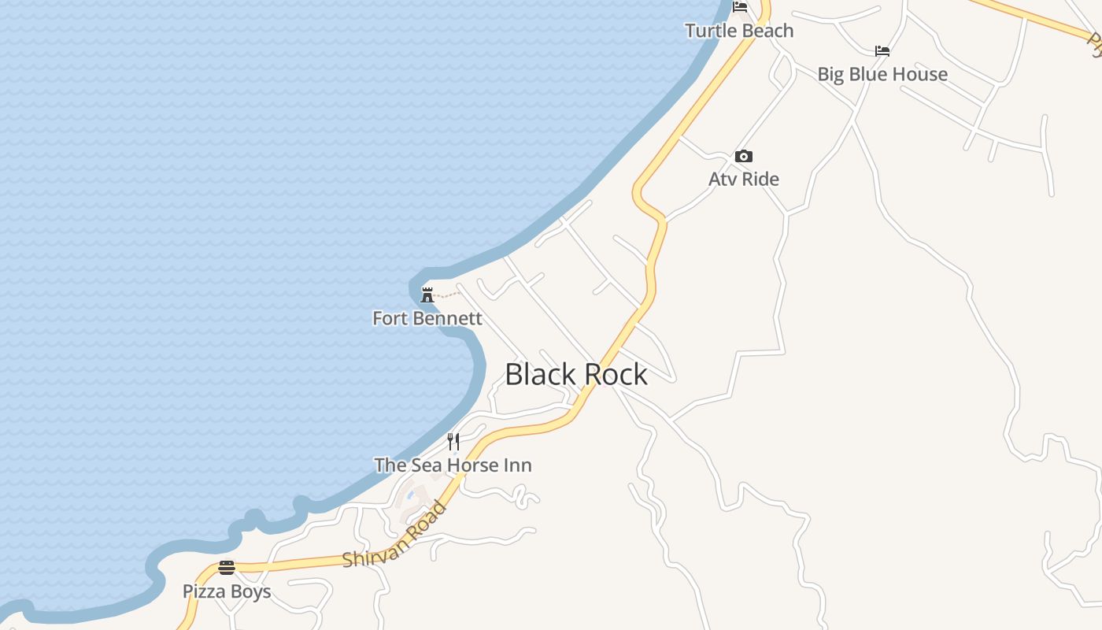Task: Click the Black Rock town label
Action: [575, 374]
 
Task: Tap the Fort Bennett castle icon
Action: [427, 295]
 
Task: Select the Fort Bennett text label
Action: [427, 318]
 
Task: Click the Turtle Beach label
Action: [739, 31]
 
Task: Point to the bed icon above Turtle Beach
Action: [740, 7]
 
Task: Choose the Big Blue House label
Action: [882, 74]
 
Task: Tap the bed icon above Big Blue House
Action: [882, 51]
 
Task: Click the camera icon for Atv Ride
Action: [744, 156]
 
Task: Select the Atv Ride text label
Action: [744, 179]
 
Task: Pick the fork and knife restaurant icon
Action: [453, 442]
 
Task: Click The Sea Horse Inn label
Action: [453, 465]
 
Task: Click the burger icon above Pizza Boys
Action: [227, 568]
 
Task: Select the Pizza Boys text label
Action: [227, 591]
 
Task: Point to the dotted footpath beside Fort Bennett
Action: [447, 295]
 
